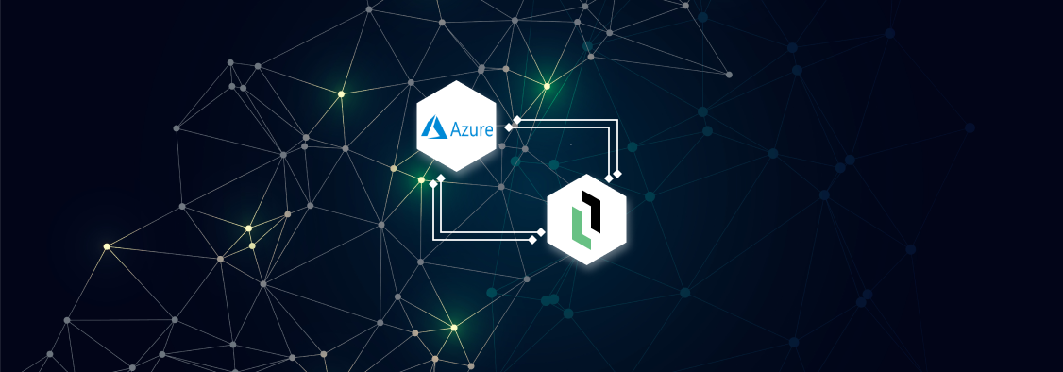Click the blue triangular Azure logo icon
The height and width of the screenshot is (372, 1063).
[x=432, y=126]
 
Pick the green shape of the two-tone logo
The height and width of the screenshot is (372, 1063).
[x=581, y=232]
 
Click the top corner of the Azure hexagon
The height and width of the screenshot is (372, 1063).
[x=457, y=81]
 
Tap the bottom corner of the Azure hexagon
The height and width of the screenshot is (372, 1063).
[x=457, y=171]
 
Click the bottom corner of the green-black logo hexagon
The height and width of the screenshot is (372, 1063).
[x=587, y=264]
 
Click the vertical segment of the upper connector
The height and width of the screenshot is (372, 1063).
[x=616, y=146]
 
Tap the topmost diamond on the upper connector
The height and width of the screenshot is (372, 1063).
[x=517, y=119]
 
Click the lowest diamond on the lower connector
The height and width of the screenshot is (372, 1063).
[x=532, y=240]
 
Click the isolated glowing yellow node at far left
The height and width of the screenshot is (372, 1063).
[x=107, y=246]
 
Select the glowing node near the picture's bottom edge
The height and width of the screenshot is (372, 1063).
[x=453, y=328]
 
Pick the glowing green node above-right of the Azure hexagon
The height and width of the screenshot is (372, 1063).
[x=547, y=86]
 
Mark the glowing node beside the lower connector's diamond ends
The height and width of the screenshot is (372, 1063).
[x=421, y=179]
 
